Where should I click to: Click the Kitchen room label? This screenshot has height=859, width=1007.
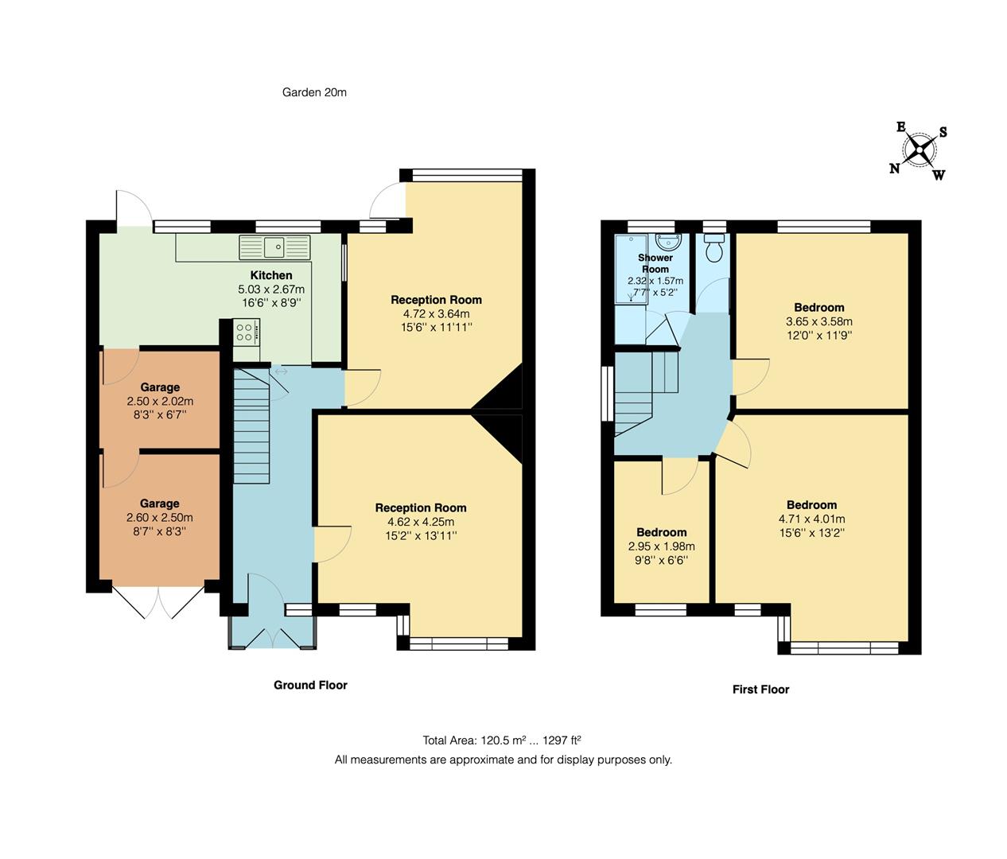click(x=271, y=275)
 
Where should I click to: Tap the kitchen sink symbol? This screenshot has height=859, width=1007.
click(x=274, y=247)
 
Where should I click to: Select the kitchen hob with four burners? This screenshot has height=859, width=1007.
click(x=246, y=331)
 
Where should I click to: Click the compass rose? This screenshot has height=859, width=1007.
click(x=919, y=150)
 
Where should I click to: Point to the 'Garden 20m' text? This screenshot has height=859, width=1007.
click(x=314, y=92)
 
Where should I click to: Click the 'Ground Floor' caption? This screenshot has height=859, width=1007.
click(x=310, y=685)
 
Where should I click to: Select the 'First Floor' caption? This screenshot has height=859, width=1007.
click(x=760, y=690)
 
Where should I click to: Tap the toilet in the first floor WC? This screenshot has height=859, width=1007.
click(x=714, y=248)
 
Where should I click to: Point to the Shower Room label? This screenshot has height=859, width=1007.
click(x=655, y=263)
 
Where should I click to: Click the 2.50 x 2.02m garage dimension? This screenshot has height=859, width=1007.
click(x=160, y=402)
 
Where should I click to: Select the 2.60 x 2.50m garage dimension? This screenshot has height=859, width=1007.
click(x=159, y=518)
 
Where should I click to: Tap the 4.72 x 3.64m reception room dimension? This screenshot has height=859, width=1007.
click(x=436, y=314)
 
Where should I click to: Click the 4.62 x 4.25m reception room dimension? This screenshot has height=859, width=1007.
click(x=421, y=522)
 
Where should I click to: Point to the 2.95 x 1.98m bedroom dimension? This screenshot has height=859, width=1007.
click(x=661, y=546)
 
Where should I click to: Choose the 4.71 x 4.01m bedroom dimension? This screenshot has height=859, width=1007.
click(x=811, y=519)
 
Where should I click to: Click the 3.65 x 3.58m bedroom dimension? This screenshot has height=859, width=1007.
click(x=818, y=321)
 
